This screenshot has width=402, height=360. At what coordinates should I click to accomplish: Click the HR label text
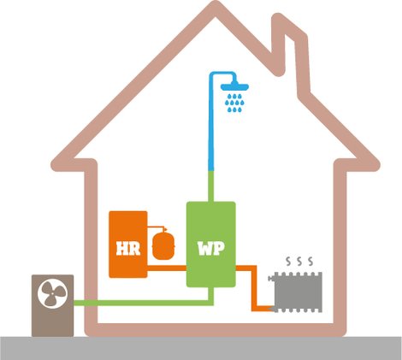[x=128, y=249]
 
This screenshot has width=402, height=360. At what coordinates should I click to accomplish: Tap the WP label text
[x=211, y=249]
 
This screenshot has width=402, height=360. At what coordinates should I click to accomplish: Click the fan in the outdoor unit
[x=53, y=293]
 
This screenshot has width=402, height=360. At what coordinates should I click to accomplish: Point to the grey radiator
[x=297, y=292]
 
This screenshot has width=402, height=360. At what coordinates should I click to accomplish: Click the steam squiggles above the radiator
[x=299, y=261]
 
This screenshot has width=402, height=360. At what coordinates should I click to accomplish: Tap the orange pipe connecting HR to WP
[x=167, y=268]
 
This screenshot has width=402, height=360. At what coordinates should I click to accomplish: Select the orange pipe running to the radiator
[x=254, y=288]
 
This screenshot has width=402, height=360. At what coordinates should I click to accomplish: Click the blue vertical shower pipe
[x=211, y=122]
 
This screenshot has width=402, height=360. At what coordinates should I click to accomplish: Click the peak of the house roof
[x=216, y=6]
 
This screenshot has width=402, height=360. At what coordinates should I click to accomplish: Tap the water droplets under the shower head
[x=234, y=103]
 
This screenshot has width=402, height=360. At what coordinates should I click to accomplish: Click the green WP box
[x=211, y=245]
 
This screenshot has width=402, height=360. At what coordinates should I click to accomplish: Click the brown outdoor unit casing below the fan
[x=53, y=323]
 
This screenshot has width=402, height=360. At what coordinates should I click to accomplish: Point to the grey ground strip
[x=201, y=348]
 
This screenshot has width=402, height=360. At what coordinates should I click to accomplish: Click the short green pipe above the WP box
[x=211, y=186]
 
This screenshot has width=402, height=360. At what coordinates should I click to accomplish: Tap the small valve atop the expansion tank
[x=164, y=229]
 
